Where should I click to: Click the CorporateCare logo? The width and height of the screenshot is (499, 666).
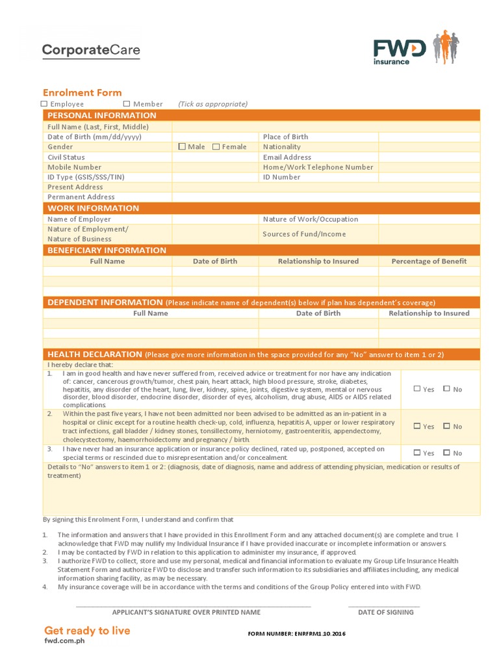91,50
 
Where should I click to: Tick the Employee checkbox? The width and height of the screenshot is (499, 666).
44,104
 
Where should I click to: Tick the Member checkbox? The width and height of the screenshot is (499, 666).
127,104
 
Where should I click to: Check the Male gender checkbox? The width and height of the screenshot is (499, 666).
182,147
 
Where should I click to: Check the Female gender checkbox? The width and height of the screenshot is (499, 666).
216,147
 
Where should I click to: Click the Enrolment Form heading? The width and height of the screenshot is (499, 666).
83,92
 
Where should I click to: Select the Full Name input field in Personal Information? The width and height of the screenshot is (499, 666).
326,127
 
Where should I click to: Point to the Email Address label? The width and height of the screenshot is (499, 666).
287,157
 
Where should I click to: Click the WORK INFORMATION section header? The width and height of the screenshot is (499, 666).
94,208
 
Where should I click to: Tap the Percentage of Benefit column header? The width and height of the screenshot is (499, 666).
429,261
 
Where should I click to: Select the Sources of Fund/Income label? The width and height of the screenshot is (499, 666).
304,234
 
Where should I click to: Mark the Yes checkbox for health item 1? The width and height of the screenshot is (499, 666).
417,389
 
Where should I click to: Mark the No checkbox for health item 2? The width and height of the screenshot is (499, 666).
447,427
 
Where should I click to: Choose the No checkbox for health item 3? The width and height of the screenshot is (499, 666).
447,453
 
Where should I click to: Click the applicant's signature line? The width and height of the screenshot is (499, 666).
193,605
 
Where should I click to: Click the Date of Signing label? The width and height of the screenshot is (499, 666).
385,612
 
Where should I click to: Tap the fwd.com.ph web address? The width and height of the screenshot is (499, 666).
64,641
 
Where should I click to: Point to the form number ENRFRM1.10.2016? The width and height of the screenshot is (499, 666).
297,634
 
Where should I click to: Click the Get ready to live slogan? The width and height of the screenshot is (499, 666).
87,630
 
